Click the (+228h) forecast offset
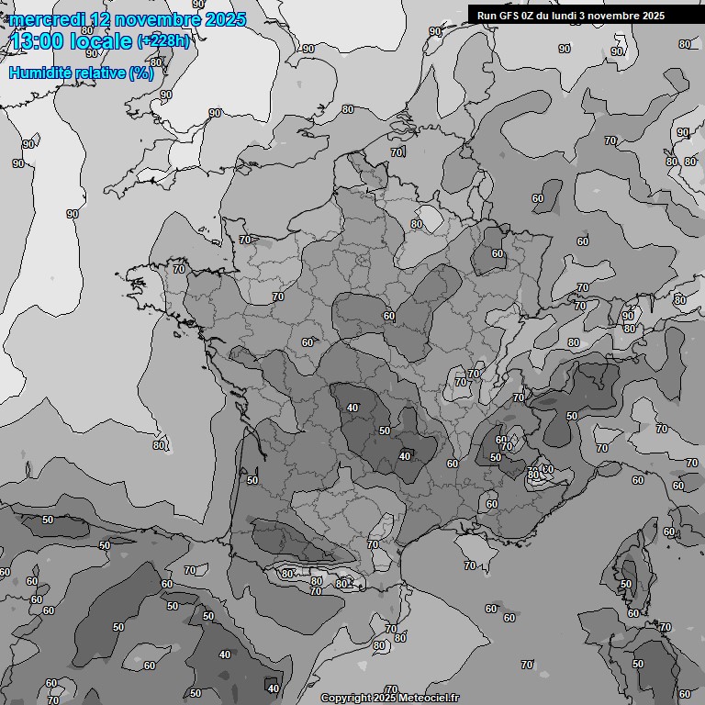pyautogui.click(x=163, y=41)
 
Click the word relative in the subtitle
pyautogui.click(x=99, y=73)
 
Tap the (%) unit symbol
pyautogui.click(x=141, y=73)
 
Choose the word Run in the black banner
pyautogui.click(x=487, y=16)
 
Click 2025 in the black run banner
pyautogui.click(x=650, y=16)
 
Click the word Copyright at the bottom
pyautogui.click(x=344, y=698)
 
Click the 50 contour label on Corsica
pyautogui.click(x=626, y=584)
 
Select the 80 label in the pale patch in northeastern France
pyautogui.click(x=416, y=224)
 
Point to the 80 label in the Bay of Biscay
pyautogui.click(x=159, y=445)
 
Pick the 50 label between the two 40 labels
pyautogui.click(x=385, y=430)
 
